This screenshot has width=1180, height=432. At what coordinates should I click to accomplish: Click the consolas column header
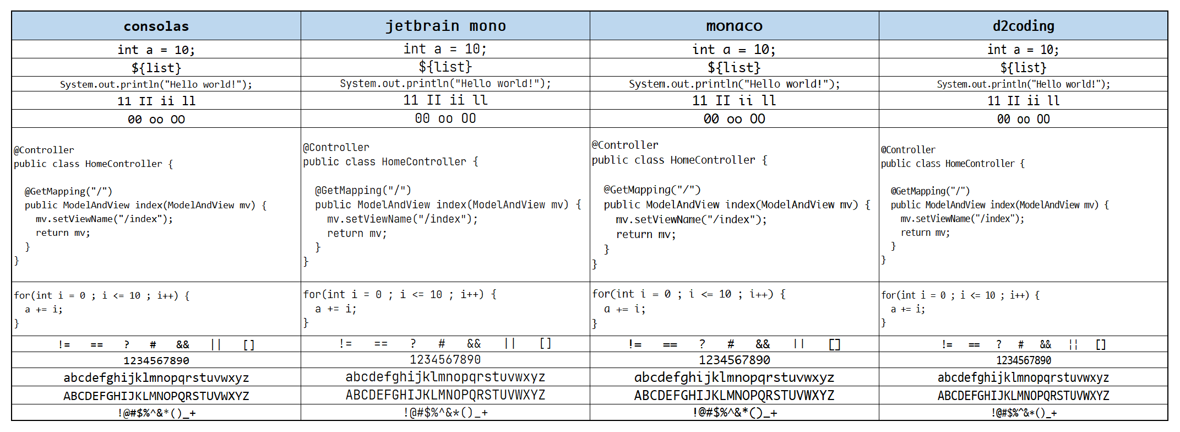tap(156, 26)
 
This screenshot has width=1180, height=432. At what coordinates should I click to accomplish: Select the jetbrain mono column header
tap(445, 26)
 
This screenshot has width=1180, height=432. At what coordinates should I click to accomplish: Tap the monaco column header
tap(734, 26)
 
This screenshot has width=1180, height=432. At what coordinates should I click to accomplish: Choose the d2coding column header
tap(1023, 26)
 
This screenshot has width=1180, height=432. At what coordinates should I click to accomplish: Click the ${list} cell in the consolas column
tap(156, 68)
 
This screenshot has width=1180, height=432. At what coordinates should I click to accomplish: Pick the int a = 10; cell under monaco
tap(734, 50)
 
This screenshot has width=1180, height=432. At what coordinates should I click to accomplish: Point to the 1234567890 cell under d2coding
tap(1023, 360)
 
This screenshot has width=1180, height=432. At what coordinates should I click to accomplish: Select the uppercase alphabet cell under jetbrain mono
tap(445, 395)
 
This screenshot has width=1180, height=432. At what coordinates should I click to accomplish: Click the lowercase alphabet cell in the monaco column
tap(734, 377)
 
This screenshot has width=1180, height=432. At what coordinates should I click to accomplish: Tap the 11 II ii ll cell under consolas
tap(156, 101)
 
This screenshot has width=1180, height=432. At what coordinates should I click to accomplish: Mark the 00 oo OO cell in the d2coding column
tap(1023, 119)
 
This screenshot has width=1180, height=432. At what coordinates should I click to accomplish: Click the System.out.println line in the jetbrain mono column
tap(445, 84)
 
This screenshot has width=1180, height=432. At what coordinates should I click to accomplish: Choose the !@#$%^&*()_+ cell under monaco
tap(734, 413)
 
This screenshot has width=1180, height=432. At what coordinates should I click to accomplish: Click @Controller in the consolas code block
tap(44, 150)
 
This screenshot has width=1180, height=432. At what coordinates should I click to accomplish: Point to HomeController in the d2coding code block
tap(980, 164)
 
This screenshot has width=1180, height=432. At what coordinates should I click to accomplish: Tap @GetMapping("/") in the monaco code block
tap(652, 190)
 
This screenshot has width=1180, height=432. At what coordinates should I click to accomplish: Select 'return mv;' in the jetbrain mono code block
tap(357, 233)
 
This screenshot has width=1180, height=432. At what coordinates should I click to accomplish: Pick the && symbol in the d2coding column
tap(1045, 344)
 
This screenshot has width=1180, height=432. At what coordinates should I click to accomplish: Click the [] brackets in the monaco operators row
tap(834, 344)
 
